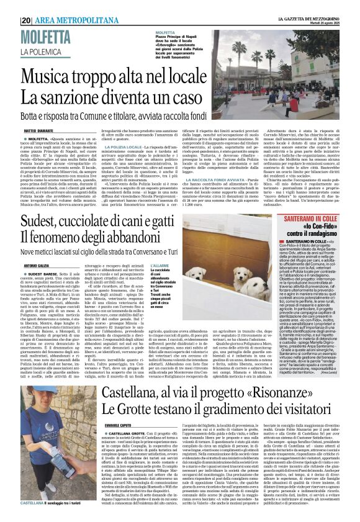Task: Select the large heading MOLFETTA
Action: pos(47,38)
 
